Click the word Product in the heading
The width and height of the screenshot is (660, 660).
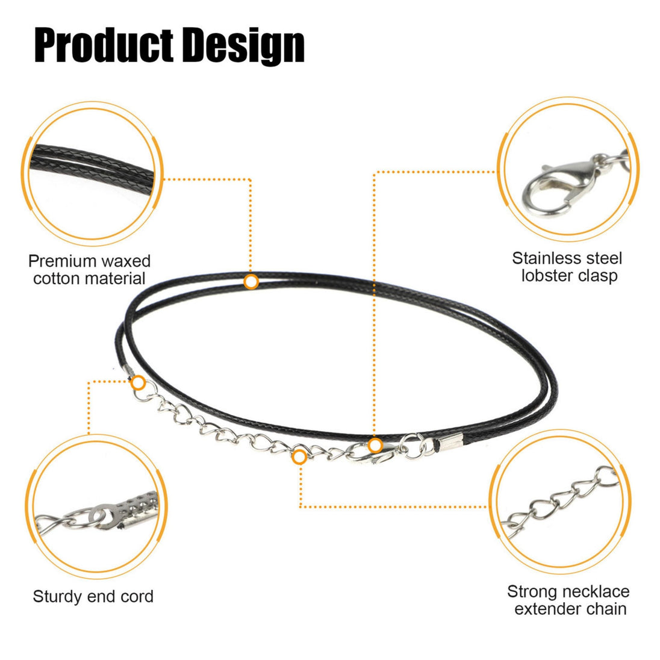click(104, 45)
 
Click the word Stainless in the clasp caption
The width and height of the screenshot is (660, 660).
click(543, 258)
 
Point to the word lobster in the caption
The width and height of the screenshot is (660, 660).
click(547, 275)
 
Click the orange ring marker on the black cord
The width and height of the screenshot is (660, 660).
click(251, 282)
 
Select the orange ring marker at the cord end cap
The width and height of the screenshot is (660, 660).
click(138, 383)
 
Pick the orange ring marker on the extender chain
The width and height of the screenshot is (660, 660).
click(299, 456)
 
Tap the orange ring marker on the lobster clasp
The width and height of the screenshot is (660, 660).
click(375, 446)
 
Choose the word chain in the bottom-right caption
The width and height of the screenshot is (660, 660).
click(606, 609)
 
